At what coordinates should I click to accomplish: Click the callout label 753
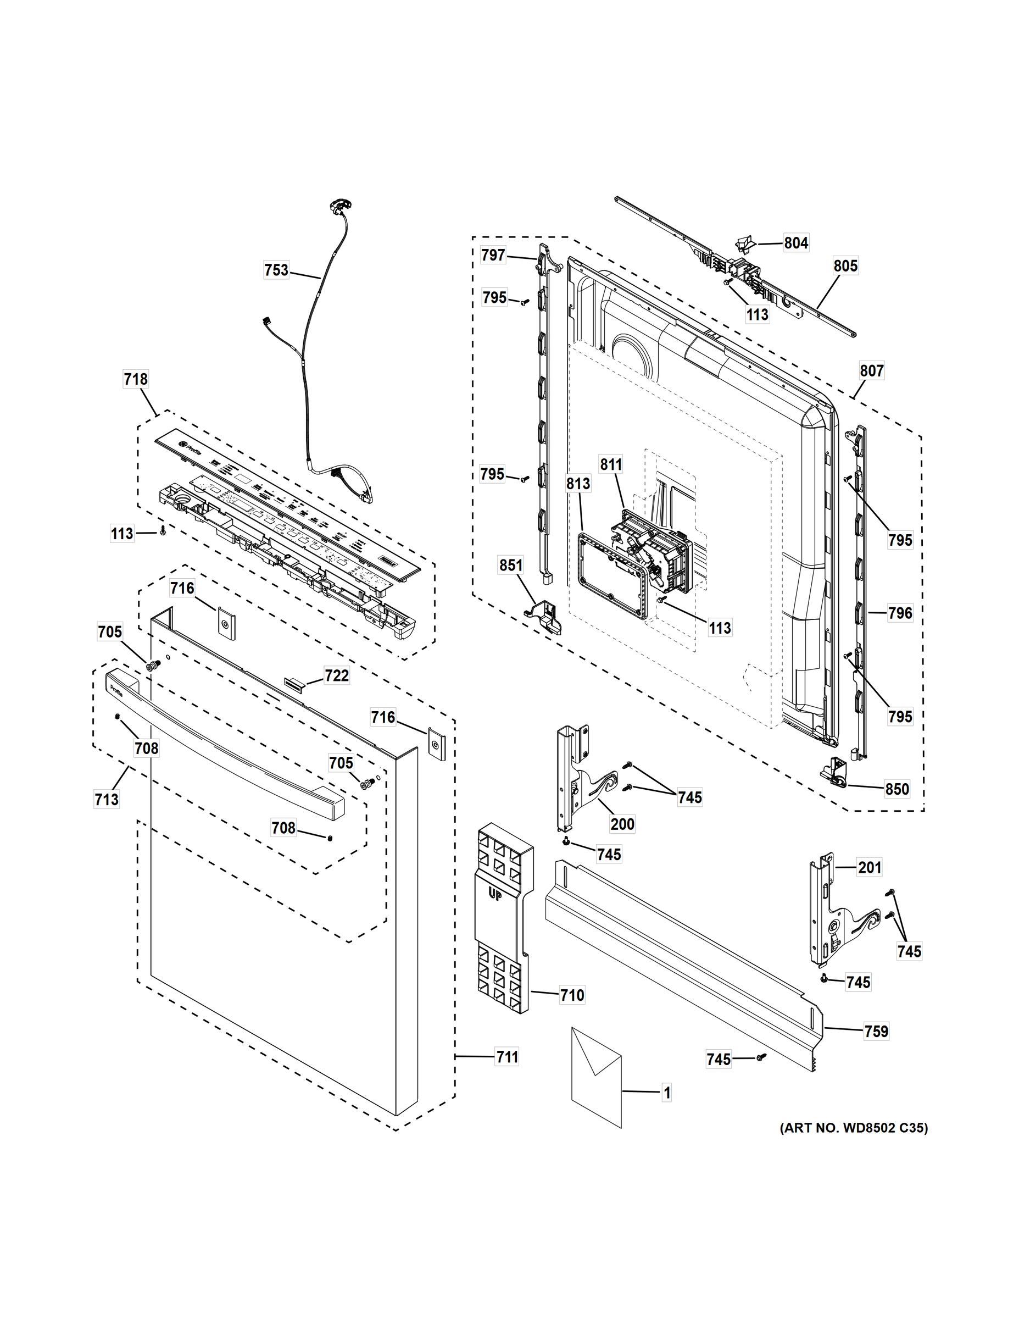click(x=276, y=270)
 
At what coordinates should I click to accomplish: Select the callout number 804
click(x=795, y=243)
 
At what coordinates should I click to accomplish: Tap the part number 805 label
click(x=845, y=266)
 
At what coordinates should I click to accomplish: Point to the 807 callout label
click(x=872, y=371)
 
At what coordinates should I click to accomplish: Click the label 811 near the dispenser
click(x=611, y=464)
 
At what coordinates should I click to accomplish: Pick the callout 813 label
click(x=578, y=484)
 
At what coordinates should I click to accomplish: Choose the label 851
click(x=511, y=566)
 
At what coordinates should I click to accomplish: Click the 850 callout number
click(x=897, y=789)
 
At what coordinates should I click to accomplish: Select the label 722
click(x=336, y=676)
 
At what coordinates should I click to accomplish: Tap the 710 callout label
click(x=572, y=995)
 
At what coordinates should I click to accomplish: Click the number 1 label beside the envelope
click(x=666, y=1093)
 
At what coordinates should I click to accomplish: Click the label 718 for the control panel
click(x=135, y=379)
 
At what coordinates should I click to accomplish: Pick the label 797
click(x=493, y=256)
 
